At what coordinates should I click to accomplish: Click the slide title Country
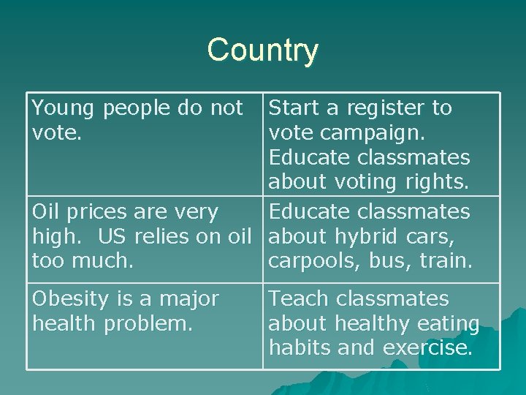[262, 50]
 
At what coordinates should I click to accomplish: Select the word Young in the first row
[64, 108]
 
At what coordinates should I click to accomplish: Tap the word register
[384, 108]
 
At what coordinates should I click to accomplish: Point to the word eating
[449, 323]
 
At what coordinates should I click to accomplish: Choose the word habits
[300, 347]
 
